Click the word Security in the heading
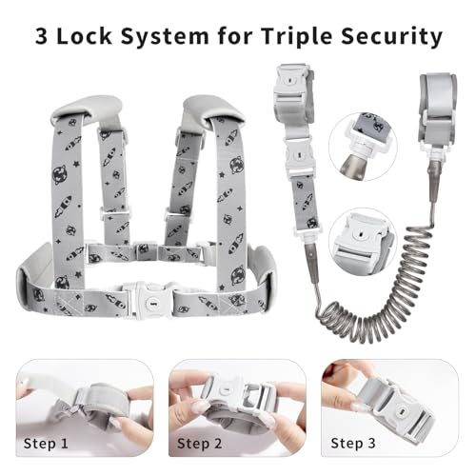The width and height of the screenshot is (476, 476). pyautogui.click(x=391, y=37)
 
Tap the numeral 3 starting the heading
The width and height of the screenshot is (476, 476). pyautogui.click(x=42, y=37)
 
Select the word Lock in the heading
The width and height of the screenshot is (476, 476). pyautogui.click(x=85, y=36)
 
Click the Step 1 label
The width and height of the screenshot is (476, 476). pyautogui.click(x=46, y=444)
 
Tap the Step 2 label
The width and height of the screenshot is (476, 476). pyautogui.click(x=199, y=444)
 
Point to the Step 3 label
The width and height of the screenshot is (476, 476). pyautogui.click(x=353, y=444)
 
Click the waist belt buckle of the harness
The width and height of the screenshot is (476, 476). pyautogui.click(x=149, y=301)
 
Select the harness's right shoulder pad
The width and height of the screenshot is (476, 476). pyautogui.click(x=213, y=109)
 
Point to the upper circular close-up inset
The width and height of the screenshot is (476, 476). pyautogui.click(x=363, y=147)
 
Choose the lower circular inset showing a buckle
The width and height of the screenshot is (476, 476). pyautogui.click(x=363, y=243)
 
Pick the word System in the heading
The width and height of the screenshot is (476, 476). pyautogui.click(x=165, y=37)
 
